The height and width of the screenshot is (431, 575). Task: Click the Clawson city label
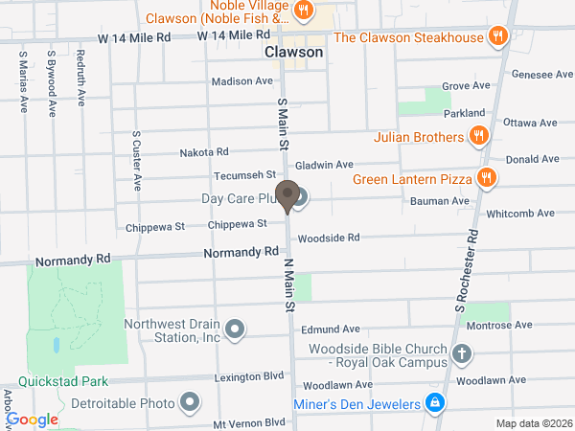(294, 54)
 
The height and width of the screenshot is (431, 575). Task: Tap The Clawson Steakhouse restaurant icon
(497, 37)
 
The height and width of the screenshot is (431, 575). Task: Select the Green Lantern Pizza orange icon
(488, 178)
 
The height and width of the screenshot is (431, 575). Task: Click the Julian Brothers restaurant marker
(478, 138)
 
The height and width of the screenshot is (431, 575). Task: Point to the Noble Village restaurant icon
(304, 11)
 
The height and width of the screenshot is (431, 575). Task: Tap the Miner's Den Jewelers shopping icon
(435, 403)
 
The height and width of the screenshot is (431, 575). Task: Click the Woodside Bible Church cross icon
(462, 354)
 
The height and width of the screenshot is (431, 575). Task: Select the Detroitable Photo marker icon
(190, 401)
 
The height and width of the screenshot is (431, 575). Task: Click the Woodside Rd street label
(329, 238)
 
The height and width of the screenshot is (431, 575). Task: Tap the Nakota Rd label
(205, 152)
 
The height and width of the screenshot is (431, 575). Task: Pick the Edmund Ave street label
(330, 329)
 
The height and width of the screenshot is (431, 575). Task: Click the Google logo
(33, 420)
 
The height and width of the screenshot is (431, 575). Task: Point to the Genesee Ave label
(542, 74)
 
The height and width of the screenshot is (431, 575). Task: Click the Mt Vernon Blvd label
(249, 422)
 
